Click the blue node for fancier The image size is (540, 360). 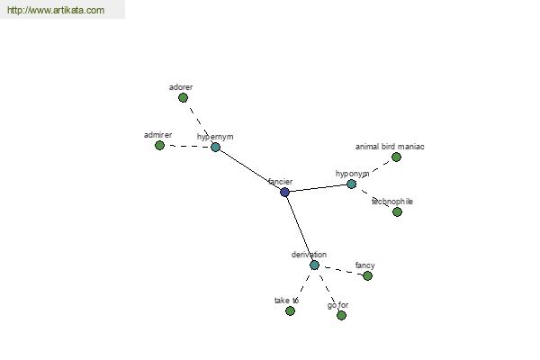tap(284, 192)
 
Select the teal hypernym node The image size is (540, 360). tap(215, 147)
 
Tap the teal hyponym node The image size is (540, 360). tap(351, 184)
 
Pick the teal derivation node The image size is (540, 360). tap(314, 265)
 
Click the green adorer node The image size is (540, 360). tap(183, 98)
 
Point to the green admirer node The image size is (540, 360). tap(159, 146)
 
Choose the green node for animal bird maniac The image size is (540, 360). tap(396, 157)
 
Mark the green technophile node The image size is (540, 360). tap(397, 211)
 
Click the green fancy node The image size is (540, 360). tap(367, 275)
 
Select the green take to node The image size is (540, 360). tap(290, 311)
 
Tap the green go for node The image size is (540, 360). tap(341, 315)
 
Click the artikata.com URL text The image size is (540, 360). tap(56, 10)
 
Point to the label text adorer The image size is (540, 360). tap(181, 87)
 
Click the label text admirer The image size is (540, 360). tap(157, 135)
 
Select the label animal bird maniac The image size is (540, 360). tap(390, 147)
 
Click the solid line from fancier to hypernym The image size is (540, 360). tap(250, 169)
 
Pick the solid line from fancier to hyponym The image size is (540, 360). tap(318, 188)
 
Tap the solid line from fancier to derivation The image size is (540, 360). tap(300, 229)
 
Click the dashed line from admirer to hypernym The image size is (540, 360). tap(187, 147)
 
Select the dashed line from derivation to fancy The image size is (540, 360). tap(341, 270)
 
